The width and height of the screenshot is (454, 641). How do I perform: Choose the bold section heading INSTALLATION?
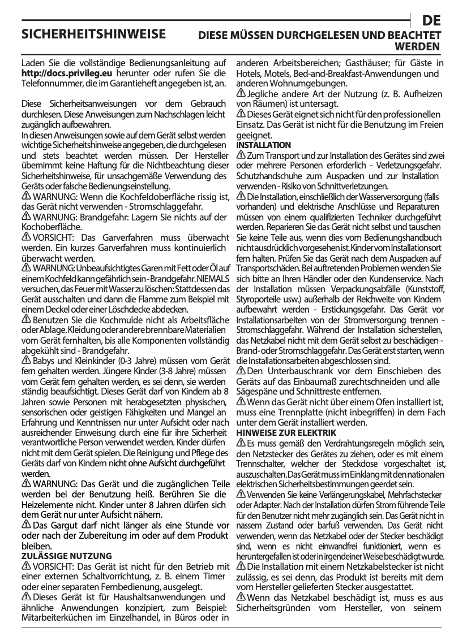tap(263, 145)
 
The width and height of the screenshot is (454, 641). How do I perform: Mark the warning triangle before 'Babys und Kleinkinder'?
tap(25, 361)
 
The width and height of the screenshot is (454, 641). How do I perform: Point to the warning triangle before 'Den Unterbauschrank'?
tap(241, 371)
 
